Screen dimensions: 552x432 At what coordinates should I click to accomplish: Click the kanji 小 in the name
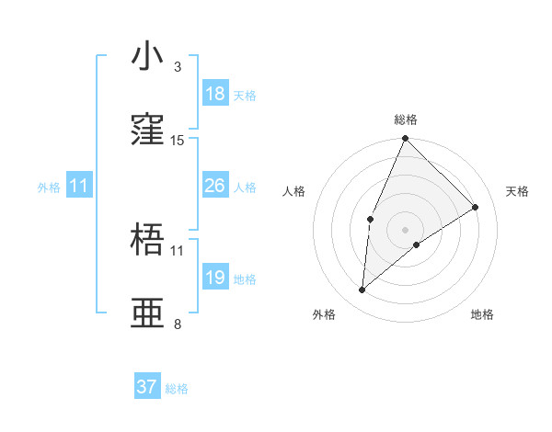(147, 57)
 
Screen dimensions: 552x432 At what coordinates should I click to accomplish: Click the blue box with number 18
(215, 94)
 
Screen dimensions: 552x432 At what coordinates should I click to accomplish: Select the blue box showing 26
(215, 186)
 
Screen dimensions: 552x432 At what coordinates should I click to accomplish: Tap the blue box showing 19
(215, 278)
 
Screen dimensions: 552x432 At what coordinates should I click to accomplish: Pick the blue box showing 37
(147, 387)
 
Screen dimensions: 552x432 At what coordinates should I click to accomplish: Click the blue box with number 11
(78, 186)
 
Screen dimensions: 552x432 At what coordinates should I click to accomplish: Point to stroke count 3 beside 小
(178, 67)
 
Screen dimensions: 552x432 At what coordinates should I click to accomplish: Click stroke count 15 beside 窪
(178, 141)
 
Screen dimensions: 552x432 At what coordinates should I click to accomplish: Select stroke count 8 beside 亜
(178, 324)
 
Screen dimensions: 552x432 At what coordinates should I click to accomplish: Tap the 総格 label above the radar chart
(406, 119)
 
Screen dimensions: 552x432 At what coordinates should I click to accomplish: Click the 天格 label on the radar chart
(517, 191)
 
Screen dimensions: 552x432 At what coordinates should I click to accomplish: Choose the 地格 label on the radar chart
(482, 314)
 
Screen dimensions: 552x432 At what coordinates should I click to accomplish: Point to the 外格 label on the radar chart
(324, 314)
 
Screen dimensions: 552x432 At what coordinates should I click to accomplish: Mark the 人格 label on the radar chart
(294, 191)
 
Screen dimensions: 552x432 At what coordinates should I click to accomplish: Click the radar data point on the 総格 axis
(405, 139)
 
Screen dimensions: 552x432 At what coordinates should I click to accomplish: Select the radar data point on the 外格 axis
(362, 290)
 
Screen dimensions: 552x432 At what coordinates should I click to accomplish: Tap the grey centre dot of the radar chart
(405, 229)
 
